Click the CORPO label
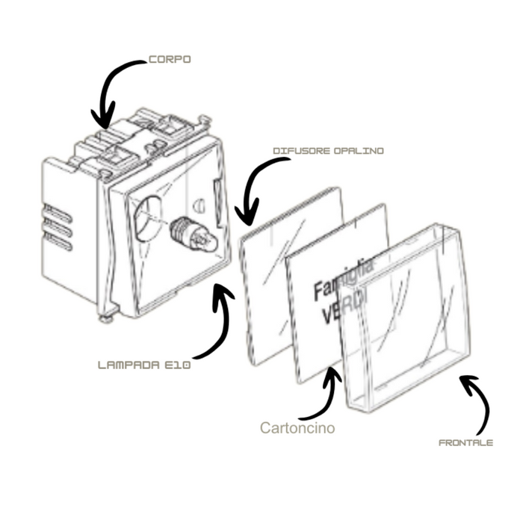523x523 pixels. [170, 59]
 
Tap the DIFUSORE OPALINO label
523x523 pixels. [328, 151]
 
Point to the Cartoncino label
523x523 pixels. [297, 428]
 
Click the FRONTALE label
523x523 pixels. [465, 442]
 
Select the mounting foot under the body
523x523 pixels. [107, 317]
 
